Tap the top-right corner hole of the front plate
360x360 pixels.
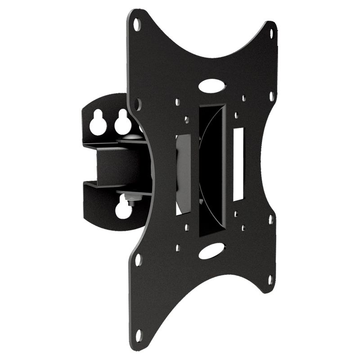point(272,33)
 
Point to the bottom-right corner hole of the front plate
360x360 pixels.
point(270,279)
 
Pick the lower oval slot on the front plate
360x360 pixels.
point(211,251)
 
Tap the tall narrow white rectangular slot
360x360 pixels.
point(238,164)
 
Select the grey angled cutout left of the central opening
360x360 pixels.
point(184,174)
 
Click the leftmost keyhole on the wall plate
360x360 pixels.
point(98,123)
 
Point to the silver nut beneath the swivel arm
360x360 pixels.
point(130,199)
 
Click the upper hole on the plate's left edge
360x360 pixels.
point(138,104)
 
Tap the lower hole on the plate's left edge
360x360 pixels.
point(138,260)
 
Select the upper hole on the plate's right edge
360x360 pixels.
point(271,96)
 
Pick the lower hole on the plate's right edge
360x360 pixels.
point(270,220)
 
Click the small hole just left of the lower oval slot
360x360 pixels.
point(178,247)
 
